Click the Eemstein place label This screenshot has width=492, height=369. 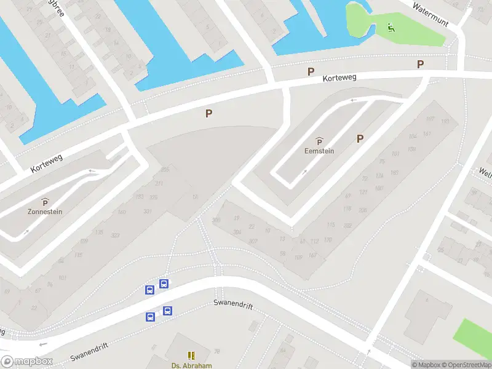319,151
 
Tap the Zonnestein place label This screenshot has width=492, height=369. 45,211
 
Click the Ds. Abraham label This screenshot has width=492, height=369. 191,365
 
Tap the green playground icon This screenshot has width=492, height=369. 391,27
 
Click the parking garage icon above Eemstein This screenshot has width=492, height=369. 319,141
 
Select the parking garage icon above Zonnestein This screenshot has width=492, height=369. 45,201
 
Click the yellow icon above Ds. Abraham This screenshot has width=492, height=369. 191,355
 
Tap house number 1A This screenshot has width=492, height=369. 195,197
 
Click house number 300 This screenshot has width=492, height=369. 216,220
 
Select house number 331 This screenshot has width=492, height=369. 148,212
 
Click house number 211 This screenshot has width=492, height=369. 159,183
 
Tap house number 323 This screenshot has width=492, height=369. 115,236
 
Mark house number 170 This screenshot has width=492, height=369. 328,240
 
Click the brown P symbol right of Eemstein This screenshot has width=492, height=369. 360,139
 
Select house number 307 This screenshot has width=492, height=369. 253,241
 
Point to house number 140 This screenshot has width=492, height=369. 122,212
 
